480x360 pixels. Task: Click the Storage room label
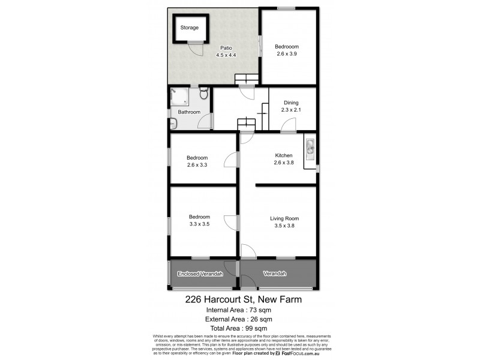[x=190, y=28]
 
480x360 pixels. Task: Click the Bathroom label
[x=189, y=112]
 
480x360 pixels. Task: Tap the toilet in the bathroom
[x=204, y=94]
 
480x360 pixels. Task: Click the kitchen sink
[x=310, y=146]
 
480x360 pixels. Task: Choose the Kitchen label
[x=284, y=155]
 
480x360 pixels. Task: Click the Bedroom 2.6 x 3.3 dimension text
[x=197, y=165]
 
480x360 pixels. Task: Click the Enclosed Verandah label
[x=200, y=274]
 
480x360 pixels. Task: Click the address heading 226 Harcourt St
[x=242, y=299]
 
